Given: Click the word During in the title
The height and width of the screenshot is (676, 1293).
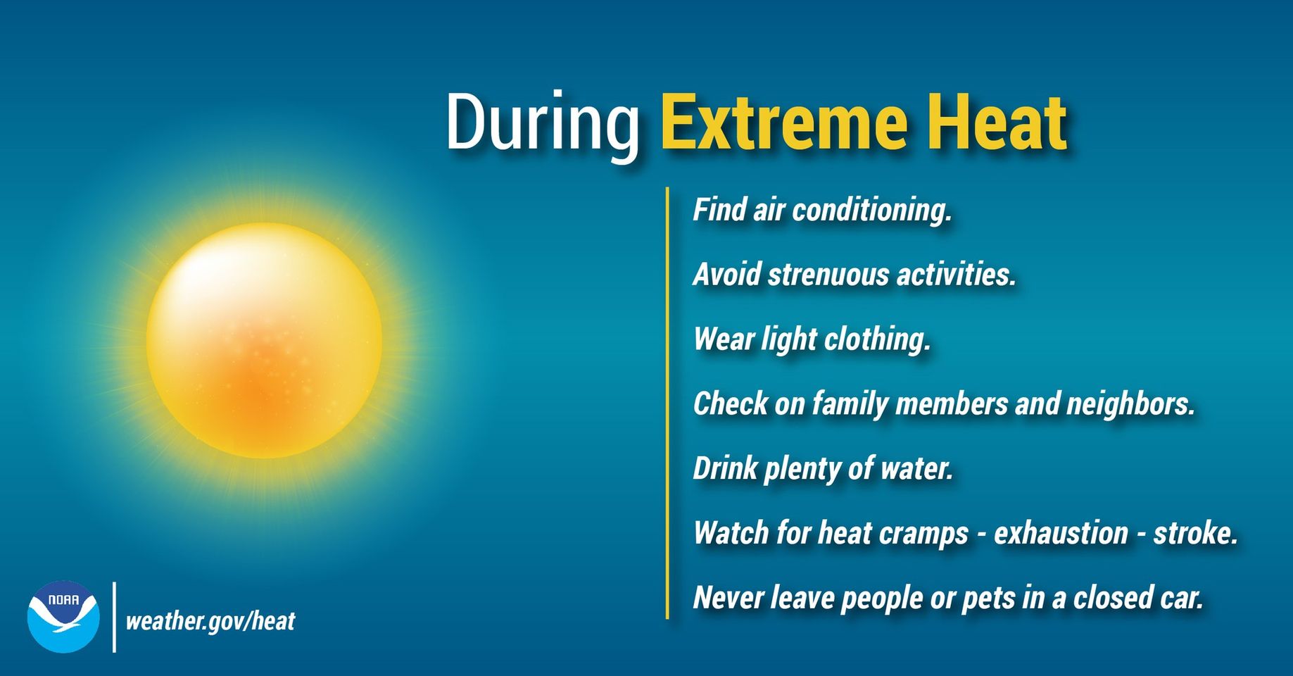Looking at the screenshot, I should [x=542, y=123].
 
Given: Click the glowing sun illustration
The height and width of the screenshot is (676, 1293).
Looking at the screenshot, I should [x=264, y=341].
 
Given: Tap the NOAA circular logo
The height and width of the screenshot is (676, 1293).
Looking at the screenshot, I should [x=63, y=616].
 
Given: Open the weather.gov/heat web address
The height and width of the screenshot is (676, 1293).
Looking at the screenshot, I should [x=210, y=621].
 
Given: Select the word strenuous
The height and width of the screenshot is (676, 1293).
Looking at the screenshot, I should [x=828, y=275].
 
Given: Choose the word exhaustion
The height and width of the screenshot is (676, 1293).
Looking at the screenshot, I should [x=1061, y=533].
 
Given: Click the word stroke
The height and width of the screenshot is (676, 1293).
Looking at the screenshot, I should [x=1194, y=533].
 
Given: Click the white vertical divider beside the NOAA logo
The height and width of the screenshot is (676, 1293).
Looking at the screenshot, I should [x=114, y=617].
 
